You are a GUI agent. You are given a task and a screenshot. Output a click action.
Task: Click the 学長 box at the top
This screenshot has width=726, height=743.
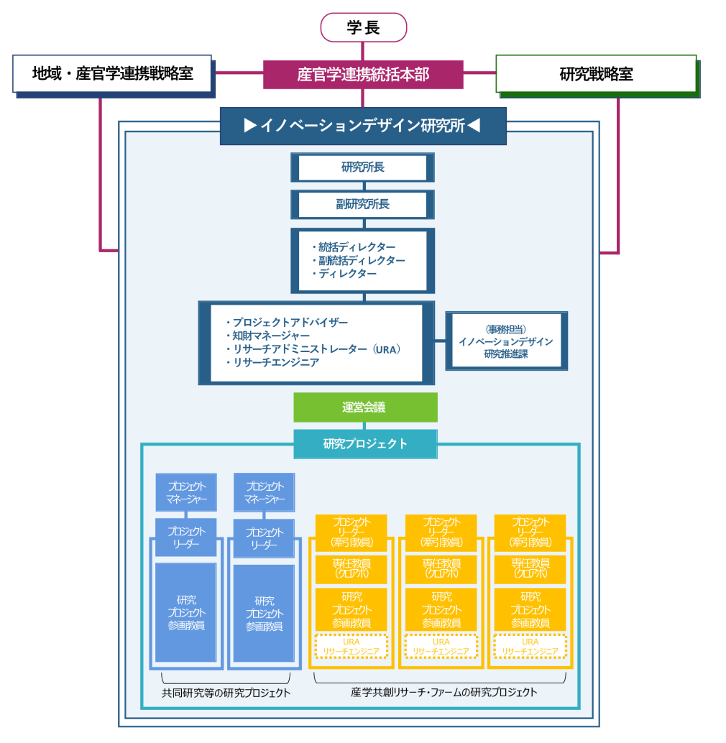click(x=363, y=28)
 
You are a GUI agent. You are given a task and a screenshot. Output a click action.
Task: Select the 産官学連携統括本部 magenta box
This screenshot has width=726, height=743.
click(x=363, y=74)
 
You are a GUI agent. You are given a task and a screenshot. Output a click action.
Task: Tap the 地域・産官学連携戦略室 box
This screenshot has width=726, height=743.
click(x=112, y=73)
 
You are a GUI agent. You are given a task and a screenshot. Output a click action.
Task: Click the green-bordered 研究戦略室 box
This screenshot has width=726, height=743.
click(x=596, y=74)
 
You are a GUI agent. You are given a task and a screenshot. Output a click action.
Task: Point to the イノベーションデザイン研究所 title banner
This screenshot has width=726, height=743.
click(x=363, y=126)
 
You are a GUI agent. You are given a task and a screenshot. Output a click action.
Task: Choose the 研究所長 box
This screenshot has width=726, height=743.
click(x=363, y=167)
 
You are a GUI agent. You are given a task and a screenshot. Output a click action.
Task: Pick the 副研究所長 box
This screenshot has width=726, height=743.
click(x=363, y=205)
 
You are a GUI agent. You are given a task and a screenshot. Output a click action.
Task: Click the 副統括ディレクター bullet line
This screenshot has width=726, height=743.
click(x=361, y=260)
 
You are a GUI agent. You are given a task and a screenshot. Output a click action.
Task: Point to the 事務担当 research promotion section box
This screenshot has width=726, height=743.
click(x=506, y=341)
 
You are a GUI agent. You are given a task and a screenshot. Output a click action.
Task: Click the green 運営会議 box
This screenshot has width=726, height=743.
click(x=364, y=407)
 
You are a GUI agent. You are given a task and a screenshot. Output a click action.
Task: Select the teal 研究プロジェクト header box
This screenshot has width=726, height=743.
click(x=365, y=444)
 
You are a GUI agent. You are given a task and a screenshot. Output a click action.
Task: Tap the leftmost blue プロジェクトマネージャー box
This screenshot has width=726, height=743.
click(x=186, y=492)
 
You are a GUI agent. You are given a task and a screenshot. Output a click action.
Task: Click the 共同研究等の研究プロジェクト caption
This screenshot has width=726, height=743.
click(x=226, y=693)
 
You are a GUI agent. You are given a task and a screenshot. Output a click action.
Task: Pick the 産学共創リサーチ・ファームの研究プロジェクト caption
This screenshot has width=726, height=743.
click(x=444, y=693)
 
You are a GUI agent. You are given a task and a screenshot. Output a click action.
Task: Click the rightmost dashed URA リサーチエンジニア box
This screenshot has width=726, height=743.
click(x=530, y=647)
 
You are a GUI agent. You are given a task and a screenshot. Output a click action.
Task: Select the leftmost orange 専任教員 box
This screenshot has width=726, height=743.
click(x=351, y=568)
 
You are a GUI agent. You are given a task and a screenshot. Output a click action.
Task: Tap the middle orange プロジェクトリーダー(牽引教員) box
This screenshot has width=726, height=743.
click(x=441, y=532)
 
